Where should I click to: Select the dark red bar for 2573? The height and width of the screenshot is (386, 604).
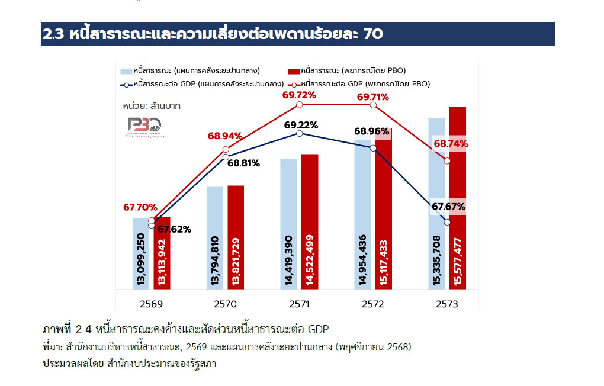(x=458, y=198)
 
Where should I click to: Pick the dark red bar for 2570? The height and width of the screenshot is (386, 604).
(x=236, y=237)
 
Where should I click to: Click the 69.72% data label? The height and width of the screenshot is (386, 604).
(x=299, y=95)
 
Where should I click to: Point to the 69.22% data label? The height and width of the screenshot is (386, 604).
(x=301, y=125)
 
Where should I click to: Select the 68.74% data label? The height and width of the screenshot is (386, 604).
(x=451, y=143)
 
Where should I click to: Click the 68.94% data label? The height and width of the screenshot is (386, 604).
(x=225, y=136)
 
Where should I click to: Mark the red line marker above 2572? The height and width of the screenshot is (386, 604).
(x=373, y=105)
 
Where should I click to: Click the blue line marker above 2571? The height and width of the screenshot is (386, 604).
(x=299, y=134)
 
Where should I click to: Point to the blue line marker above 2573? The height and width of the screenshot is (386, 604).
(x=447, y=222)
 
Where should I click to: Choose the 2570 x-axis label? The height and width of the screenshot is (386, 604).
(x=225, y=304)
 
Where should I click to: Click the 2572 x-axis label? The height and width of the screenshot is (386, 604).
(x=373, y=304)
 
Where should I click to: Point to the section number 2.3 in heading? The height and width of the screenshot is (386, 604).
(x=54, y=34)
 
